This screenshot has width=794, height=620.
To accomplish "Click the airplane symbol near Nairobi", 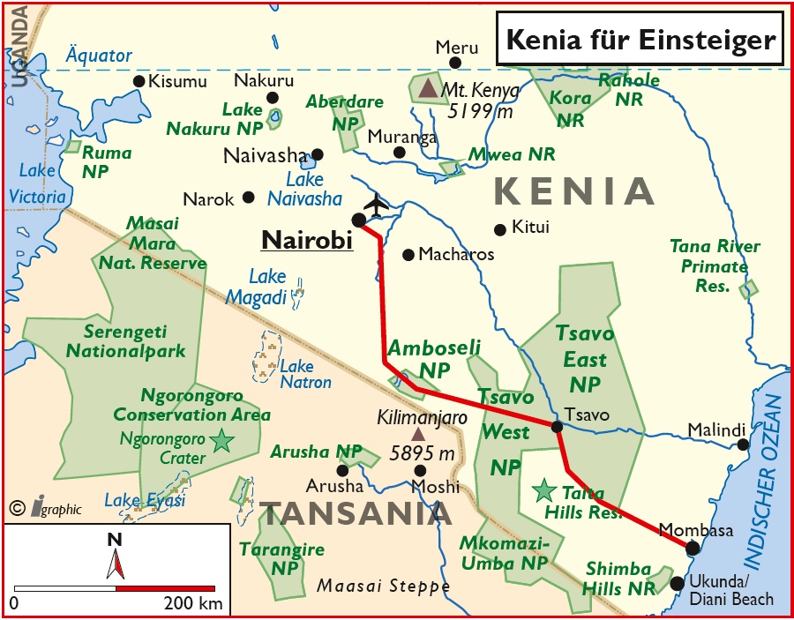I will click(376, 205).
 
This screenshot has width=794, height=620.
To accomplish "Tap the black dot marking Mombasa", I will click(693, 548).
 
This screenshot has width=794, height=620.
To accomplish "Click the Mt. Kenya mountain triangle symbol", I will click(428, 87).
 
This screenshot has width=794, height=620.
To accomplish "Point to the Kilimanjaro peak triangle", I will click(417, 434).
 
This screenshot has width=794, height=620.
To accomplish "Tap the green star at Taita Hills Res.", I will click(544, 489).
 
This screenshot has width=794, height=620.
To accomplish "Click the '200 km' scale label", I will click(192, 604).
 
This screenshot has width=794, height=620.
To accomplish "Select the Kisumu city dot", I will click(139, 81).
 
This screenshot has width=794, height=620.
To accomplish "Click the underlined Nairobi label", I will click(307, 239).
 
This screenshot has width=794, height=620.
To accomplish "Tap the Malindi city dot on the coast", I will click(743, 444).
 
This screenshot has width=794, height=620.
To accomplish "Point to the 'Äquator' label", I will click(99, 56).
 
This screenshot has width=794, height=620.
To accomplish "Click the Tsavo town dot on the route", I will click(557, 427).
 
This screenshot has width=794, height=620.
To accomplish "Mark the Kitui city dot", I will click(500, 228).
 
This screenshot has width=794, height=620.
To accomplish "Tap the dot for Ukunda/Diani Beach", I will click(677, 583).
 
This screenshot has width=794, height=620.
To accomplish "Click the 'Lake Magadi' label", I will click(257, 287).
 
